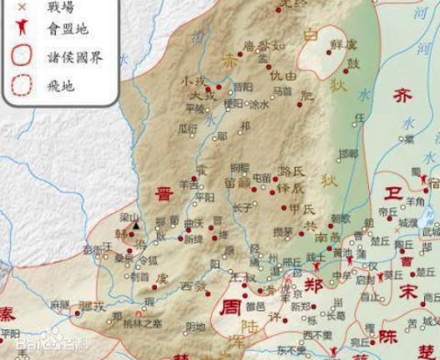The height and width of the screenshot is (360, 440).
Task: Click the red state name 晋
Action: (164, 195)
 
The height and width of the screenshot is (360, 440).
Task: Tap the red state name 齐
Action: (402, 96)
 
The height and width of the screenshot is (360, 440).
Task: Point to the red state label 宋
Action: (407, 292)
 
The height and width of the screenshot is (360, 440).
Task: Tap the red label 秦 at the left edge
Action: (7, 313)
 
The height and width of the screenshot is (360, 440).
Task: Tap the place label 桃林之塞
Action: (142, 323)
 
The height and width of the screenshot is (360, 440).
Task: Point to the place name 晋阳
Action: (243, 86)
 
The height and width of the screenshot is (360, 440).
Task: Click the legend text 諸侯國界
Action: (76, 58)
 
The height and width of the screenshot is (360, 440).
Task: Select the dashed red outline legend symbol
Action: (22, 84)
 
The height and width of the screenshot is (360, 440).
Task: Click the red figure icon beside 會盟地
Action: (22, 30)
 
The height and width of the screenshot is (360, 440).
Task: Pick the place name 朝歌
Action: (340, 219)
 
